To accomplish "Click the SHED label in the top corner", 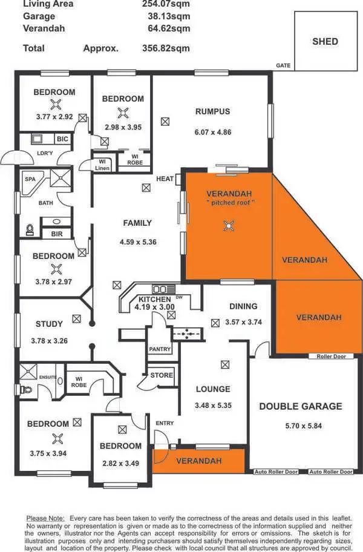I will [325, 42].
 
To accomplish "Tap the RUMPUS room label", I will [212, 111].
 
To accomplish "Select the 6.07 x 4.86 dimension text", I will [212, 132].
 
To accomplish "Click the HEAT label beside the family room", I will [165, 179].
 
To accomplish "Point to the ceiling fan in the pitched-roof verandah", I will [229, 226].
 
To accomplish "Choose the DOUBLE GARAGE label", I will [301, 406].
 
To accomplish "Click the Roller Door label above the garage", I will [331, 356].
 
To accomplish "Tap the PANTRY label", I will [160, 349].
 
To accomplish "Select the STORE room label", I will [162, 375].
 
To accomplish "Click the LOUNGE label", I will [212, 389].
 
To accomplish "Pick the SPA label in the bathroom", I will [30, 180].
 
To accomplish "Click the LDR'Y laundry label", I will [45, 153].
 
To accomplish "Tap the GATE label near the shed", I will [283, 65].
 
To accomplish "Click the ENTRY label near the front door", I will [164, 423].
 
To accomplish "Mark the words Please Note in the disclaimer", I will [45, 519].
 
